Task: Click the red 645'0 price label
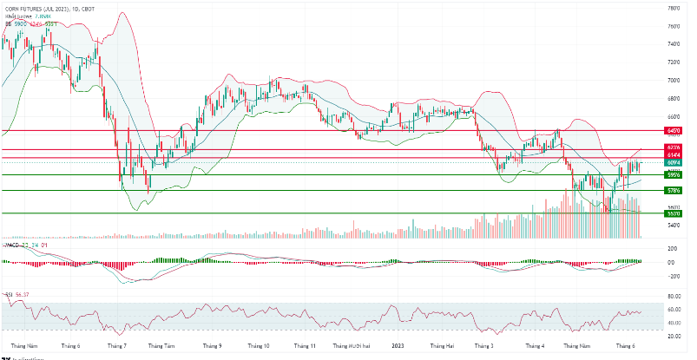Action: click(x=673, y=130)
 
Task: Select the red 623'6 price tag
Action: click(x=673, y=148)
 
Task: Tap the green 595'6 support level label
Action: click(x=673, y=174)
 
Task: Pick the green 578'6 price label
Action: click(x=673, y=190)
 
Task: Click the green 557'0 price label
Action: click(x=673, y=213)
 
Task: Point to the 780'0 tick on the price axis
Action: click(x=673, y=8)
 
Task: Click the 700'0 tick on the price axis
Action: click(x=673, y=81)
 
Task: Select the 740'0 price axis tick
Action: click(x=673, y=44)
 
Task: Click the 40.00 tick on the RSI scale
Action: click(x=673, y=323)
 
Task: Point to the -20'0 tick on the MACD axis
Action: click(x=673, y=277)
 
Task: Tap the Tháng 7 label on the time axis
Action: click(x=115, y=345)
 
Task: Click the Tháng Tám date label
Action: click(x=162, y=345)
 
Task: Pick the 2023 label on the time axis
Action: click(x=398, y=345)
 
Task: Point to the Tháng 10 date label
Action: click(x=259, y=345)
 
